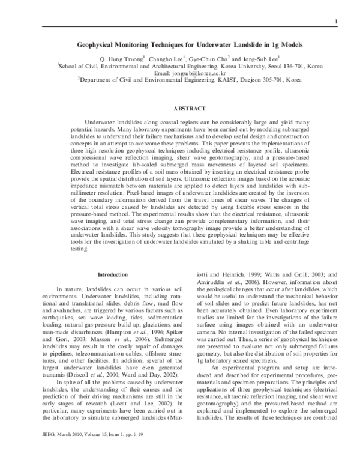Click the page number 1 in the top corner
click(337, 23)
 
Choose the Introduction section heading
click(112, 274)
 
